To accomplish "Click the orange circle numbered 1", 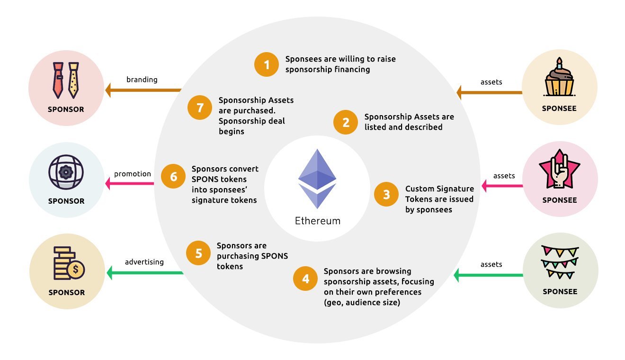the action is [x=267, y=64].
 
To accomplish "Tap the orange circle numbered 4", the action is [x=305, y=279].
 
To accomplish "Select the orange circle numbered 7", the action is [x=200, y=108].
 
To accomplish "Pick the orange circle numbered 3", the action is [x=386, y=194].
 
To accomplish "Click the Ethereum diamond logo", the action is [x=317, y=179].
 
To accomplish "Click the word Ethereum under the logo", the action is [x=318, y=221].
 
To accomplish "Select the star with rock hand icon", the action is [x=560, y=169].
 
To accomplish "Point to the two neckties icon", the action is [x=66, y=80].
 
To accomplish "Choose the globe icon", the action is [x=66, y=172].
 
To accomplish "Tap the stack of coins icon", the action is [x=69, y=263].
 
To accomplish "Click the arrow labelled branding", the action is [x=143, y=90].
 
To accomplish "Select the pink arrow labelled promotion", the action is [x=129, y=183].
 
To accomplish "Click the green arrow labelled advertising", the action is [x=145, y=273].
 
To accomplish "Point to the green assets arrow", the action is [x=488, y=275].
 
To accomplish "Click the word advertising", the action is [x=144, y=262].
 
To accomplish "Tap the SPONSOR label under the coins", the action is [x=67, y=292].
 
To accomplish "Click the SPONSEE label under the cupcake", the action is [x=559, y=108].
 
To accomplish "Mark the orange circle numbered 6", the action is [x=173, y=176].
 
